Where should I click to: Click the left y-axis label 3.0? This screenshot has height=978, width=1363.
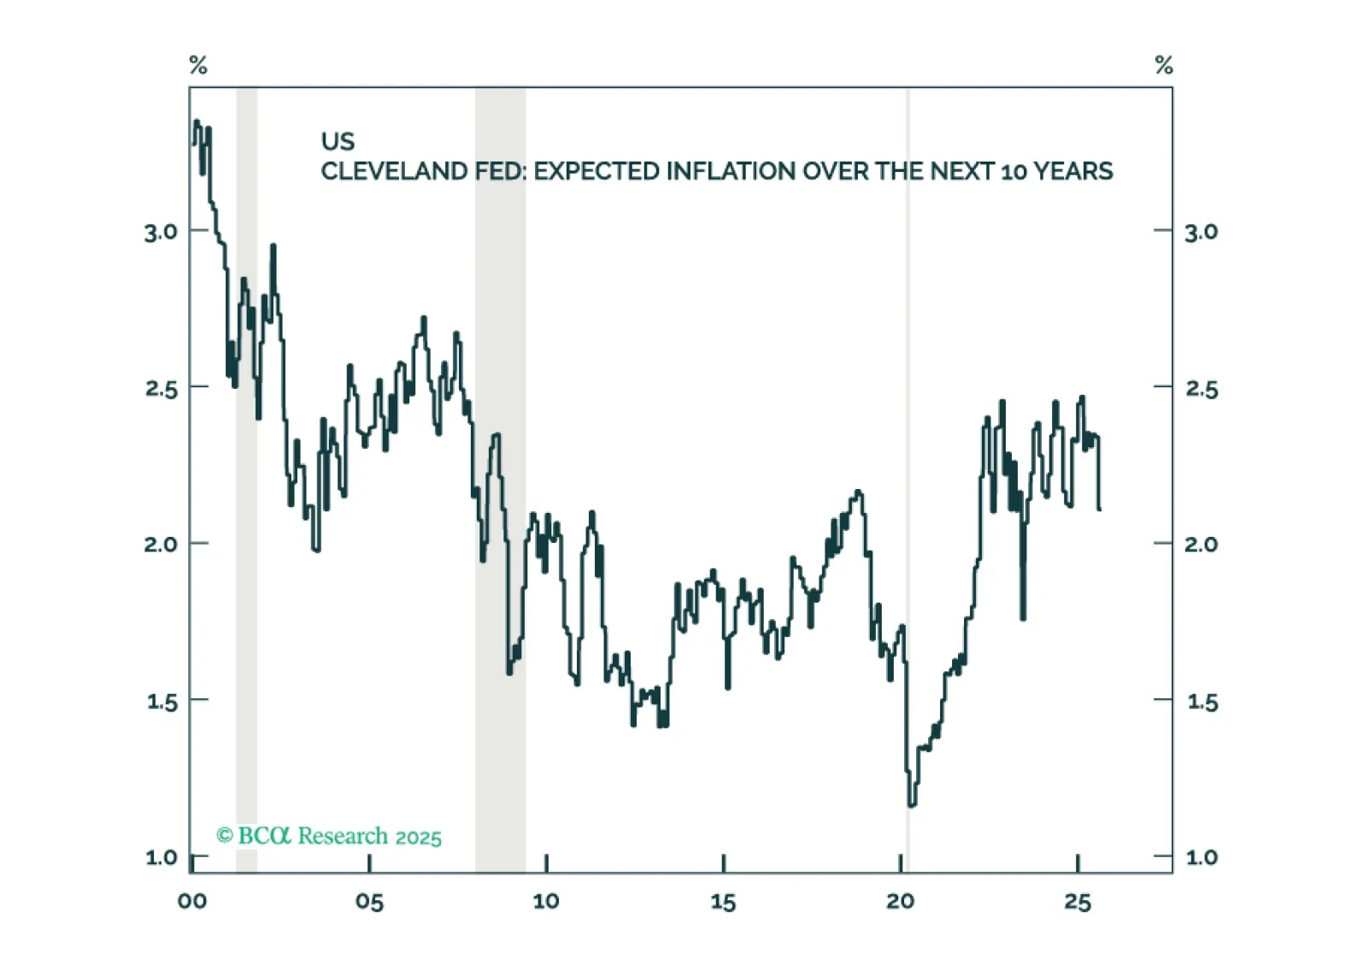coord(161,232)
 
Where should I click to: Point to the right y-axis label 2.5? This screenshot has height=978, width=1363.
coord(1201,389)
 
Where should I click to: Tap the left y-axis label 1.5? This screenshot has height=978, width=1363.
coord(162,702)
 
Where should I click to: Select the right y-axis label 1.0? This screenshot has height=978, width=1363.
coord(1201,857)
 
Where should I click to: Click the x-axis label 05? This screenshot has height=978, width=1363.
coord(369,902)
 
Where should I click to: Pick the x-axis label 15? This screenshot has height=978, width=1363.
coord(723,902)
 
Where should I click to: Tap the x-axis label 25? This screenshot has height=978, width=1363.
coord(1078,902)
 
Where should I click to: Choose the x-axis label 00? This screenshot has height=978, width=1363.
coord(192,902)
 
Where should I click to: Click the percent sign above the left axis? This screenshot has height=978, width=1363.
coord(198,66)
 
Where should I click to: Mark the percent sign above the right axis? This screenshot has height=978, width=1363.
coord(1164,66)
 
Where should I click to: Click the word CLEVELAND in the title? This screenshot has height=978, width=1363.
coord(394,172)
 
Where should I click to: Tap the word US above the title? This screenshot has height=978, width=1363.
coord(338,142)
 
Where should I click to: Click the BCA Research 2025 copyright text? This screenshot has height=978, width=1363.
coord(329,836)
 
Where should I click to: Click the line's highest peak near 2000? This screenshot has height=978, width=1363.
coord(197,121)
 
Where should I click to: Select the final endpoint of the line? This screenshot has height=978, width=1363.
coord(1100,510)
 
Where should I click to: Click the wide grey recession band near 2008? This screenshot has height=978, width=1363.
coord(501,479)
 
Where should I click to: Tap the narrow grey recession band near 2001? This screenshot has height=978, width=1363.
coord(247,479)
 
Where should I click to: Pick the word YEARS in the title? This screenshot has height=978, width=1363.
coord(1073,172)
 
